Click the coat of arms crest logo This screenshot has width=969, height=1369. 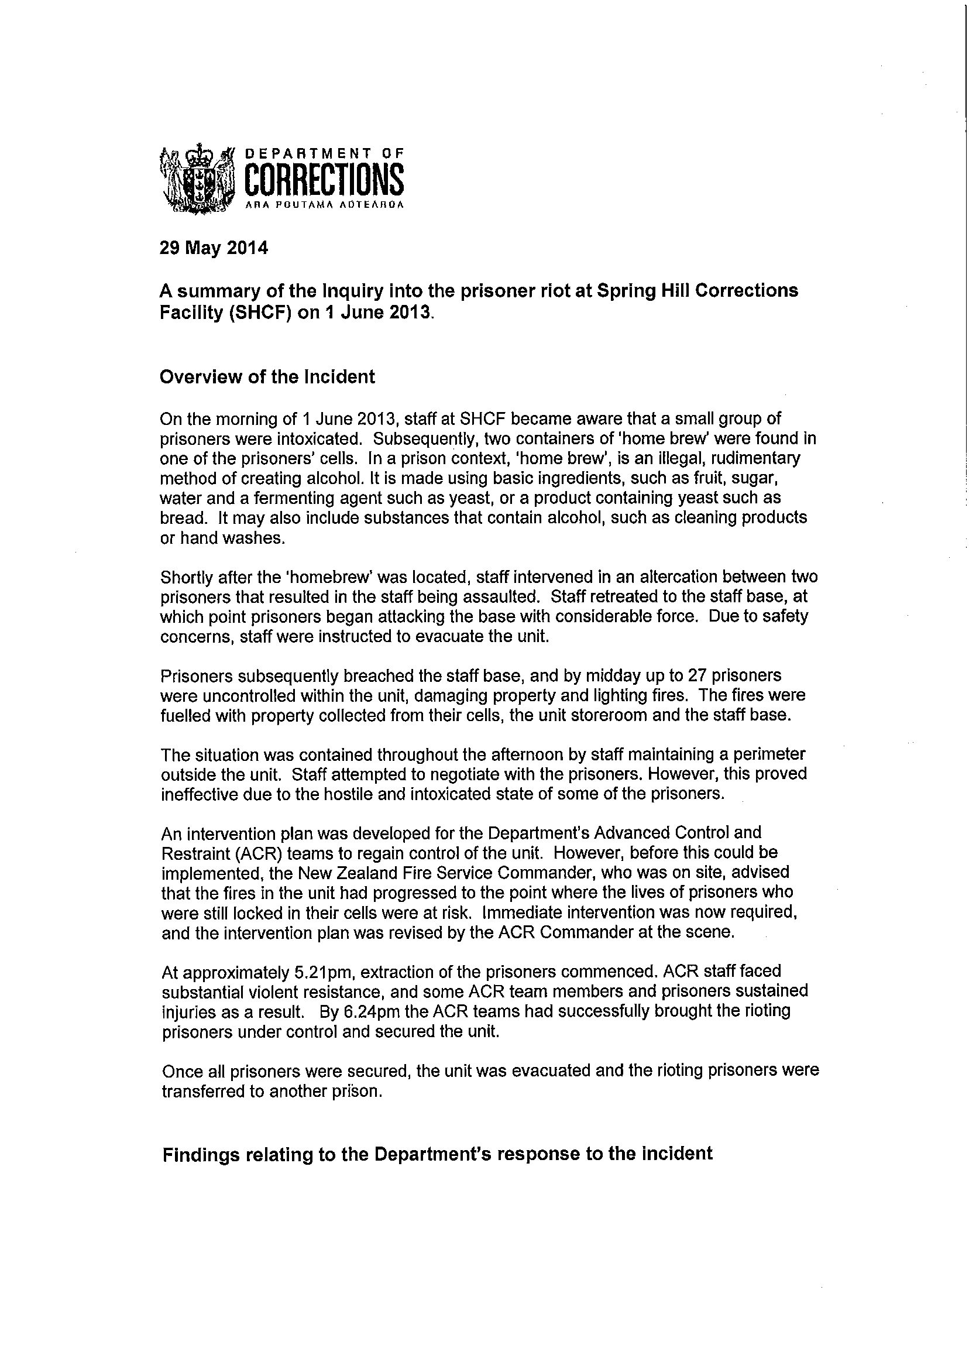[x=195, y=179]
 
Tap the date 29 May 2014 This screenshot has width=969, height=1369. [x=214, y=247]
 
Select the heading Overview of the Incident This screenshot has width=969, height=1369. [x=267, y=377]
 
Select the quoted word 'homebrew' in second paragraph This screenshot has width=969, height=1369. [x=334, y=577]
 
